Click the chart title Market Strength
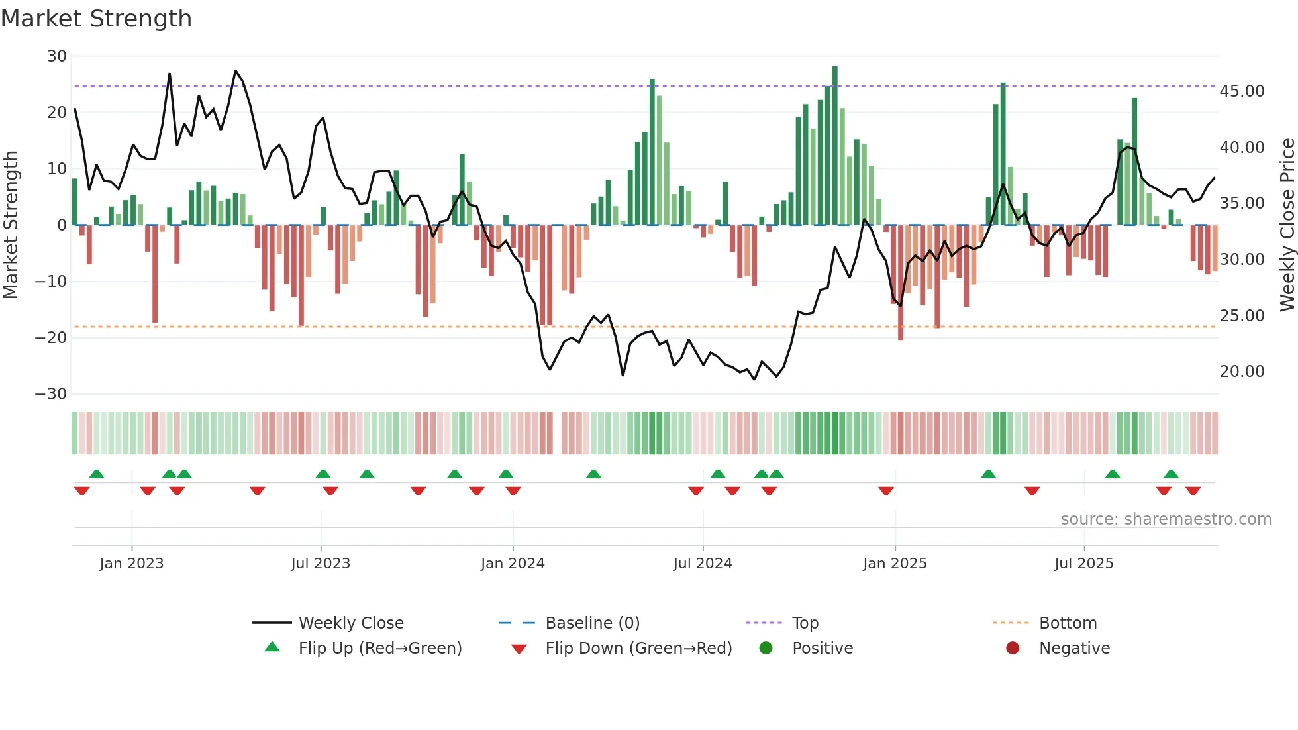coord(96,19)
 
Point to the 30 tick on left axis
coord(57,56)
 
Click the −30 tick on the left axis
coord(51,394)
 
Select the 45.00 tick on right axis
coord(1242,91)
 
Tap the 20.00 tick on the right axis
coord(1242,372)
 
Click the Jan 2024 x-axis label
coord(513,564)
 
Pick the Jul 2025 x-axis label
coord(1083,564)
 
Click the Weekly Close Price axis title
coord(1287,225)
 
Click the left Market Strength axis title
coord(11,225)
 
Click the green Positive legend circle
coord(766,649)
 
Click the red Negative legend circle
coord(1013,649)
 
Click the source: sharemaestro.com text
coord(1166,519)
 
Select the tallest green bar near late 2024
coord(834,146)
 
